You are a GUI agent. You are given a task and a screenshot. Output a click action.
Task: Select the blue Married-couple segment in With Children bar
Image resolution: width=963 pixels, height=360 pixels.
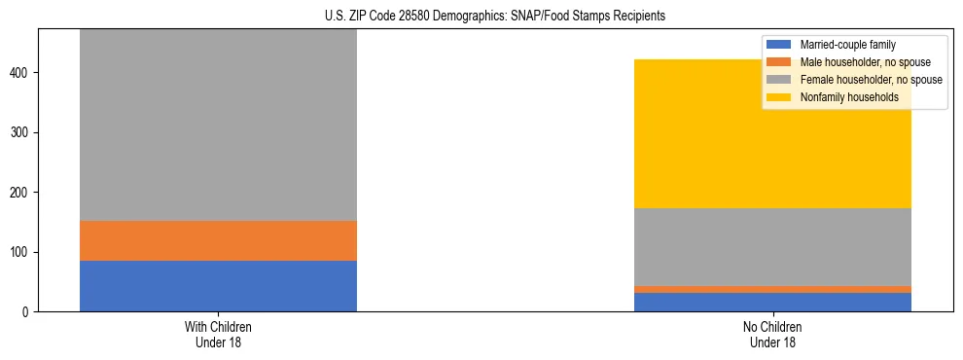pos(218,286)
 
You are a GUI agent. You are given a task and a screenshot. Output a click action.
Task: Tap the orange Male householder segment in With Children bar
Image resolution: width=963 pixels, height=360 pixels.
pos(218,240)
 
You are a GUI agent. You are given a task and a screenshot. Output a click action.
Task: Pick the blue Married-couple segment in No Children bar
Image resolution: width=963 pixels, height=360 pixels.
pos(772,302)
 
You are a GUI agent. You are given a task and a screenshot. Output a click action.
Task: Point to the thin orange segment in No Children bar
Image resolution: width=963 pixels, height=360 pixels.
pos(772,289)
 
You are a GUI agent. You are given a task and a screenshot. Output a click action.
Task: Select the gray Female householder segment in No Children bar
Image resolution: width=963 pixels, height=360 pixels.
pos(772,247)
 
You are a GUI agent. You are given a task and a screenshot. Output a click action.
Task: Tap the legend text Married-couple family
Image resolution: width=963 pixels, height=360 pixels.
pos(847,45)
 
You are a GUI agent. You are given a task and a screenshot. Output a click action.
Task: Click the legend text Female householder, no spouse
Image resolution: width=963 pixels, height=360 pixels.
pos(871,80)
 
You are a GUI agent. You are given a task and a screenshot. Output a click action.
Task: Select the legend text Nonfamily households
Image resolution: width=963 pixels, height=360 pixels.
pos(849,97)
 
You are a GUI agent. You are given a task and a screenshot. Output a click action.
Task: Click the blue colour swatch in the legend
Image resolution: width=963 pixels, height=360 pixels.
pos(779,45)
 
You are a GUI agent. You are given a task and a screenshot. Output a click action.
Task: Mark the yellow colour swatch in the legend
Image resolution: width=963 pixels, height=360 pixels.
pos(779,97)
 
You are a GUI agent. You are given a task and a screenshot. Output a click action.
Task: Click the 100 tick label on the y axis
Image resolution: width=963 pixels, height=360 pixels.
pos(21,252)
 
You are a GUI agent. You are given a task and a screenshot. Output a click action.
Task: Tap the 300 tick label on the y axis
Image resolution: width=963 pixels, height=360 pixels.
pos(21,132)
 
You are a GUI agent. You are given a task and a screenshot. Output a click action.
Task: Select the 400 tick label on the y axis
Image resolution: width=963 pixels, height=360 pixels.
pos(21,73)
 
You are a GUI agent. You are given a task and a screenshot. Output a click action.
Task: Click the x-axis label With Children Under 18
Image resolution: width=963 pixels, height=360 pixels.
pos(218,334)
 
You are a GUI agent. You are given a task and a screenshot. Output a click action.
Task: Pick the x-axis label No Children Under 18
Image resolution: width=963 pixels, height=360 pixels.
pos(772,334)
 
